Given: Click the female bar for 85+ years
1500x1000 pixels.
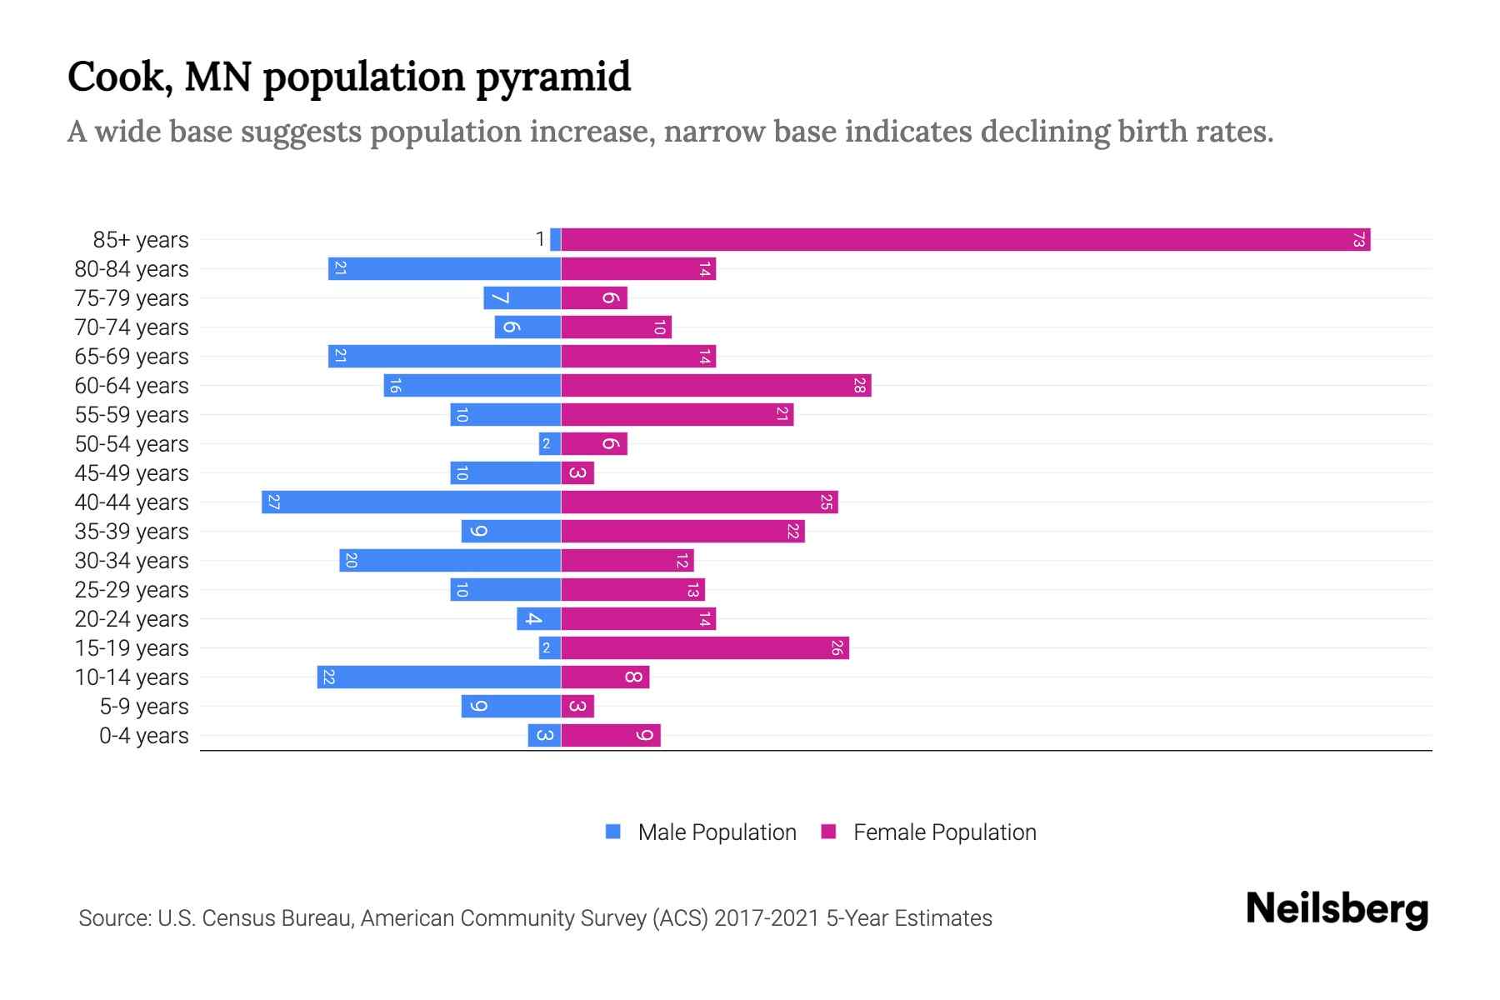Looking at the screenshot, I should [965, 240].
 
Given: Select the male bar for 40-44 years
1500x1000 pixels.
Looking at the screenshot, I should [411, 502].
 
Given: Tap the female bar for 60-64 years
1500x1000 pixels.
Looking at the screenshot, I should [716, 386].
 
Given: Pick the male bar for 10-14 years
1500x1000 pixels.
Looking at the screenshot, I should [438, 677].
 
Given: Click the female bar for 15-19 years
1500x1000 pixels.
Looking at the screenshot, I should [705, 648].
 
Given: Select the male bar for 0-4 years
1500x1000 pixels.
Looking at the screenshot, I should [544, 736].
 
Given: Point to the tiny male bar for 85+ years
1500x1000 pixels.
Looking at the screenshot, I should [556, 240].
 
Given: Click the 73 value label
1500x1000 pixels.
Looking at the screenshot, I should [1358, 240].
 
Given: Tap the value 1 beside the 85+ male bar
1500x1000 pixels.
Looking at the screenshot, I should [540, 240].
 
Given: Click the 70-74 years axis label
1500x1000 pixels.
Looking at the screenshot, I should [132, 327].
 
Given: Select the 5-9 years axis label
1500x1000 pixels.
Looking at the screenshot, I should [144, 707].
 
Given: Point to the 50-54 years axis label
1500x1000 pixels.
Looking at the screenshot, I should [132, 444].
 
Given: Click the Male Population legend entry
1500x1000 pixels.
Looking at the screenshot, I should [716, 832].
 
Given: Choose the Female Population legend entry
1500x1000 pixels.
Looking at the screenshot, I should [944, 832].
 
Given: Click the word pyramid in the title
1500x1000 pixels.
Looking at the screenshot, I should [553, 77].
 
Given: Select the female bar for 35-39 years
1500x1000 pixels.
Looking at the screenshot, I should [682, 532].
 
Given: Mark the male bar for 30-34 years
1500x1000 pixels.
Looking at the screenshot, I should [450, 561].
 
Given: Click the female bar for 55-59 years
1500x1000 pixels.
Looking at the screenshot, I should [677, 415].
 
